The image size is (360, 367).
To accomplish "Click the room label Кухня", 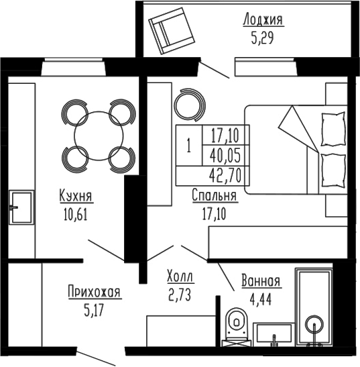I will tap(75, 197).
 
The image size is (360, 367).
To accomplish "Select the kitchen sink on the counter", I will tap(22, 207).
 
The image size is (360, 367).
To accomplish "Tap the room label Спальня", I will tap(215, 196).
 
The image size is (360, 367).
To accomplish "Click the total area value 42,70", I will tap(225, 176).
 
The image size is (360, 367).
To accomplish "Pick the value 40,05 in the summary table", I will tap(225, 156).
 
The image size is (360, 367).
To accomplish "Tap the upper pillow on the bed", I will tap(331, 125).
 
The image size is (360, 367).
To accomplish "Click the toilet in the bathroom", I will tap(237, 325).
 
